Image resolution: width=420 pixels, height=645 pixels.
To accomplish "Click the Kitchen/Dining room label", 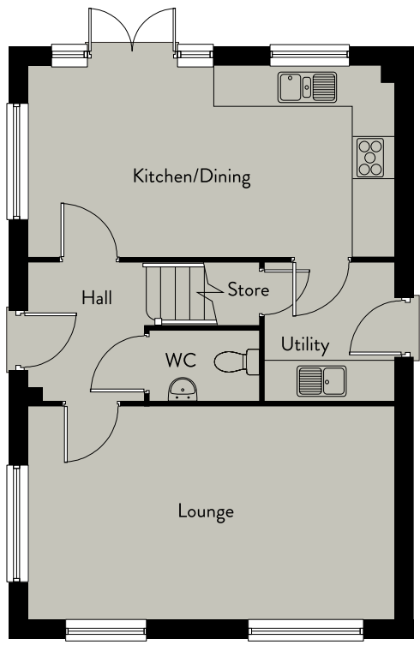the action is click(191, 176).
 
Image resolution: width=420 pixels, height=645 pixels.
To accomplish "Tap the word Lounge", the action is click(206, 511).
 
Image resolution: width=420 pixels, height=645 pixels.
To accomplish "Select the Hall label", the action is click(97, 297).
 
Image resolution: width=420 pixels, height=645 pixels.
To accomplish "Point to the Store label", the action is click(249, 290).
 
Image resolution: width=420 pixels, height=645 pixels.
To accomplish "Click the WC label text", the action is click(180, 360).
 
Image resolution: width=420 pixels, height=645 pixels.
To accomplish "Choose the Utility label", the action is click(305, 344).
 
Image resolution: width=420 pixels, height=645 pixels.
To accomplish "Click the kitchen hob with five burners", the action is click(369, 158).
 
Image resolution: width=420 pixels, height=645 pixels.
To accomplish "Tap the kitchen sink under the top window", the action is click(307, 87).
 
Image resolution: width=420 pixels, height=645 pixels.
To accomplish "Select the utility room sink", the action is click(321, 381).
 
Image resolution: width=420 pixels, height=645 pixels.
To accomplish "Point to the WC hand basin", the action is click(183, 390).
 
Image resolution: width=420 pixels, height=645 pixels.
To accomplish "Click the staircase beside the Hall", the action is click(180, 294).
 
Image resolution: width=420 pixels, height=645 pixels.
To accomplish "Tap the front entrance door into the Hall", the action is click(46, 340).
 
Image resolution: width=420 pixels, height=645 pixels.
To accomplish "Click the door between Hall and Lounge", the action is click(91, 433).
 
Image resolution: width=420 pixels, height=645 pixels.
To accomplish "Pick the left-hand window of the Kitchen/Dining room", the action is click(17, 161).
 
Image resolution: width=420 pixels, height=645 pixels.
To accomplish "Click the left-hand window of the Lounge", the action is click(17, 523).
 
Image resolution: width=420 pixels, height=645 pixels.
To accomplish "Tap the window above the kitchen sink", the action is click(310, 55).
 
